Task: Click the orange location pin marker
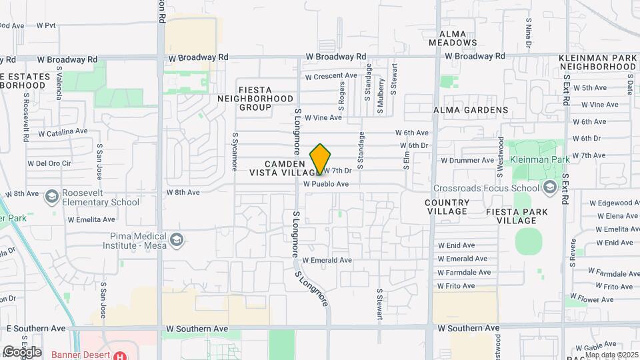[321, 159]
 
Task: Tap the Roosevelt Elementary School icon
[51, 197]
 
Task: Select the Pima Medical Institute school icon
[177, 239]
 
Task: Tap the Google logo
[22, 352]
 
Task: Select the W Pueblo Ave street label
[326, 184]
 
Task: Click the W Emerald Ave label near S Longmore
[327, 260]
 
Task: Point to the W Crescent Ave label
[331, 77]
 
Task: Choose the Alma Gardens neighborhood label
[471, 110]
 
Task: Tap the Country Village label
[447, 207]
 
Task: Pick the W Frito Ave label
[456, 286]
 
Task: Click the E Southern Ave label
[36, 329]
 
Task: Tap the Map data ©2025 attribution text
[611, 354]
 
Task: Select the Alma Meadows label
[458, 37]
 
